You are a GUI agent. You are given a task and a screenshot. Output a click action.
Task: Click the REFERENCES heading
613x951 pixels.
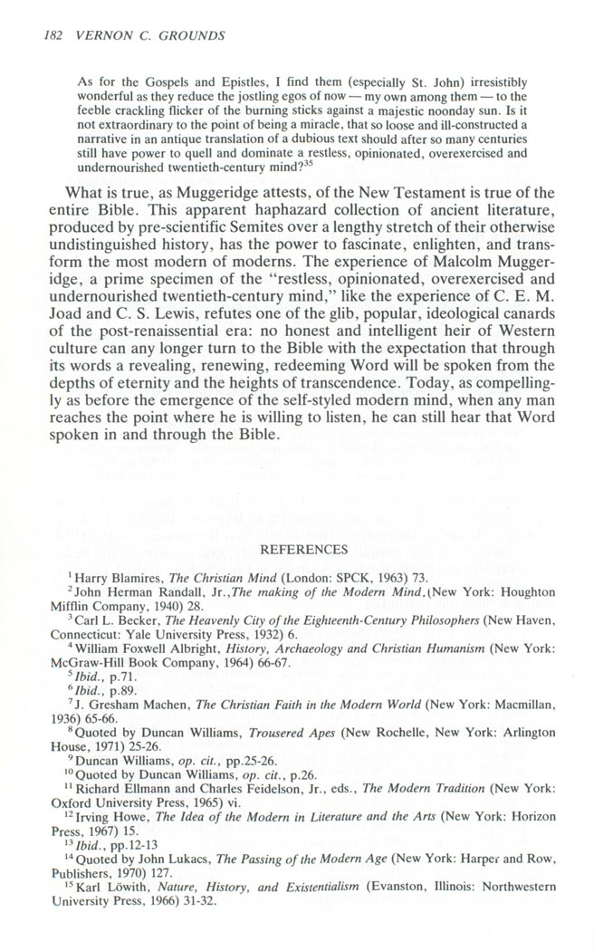pos(304,549)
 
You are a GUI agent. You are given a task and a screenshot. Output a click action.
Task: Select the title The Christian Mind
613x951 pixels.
pos(222,577)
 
